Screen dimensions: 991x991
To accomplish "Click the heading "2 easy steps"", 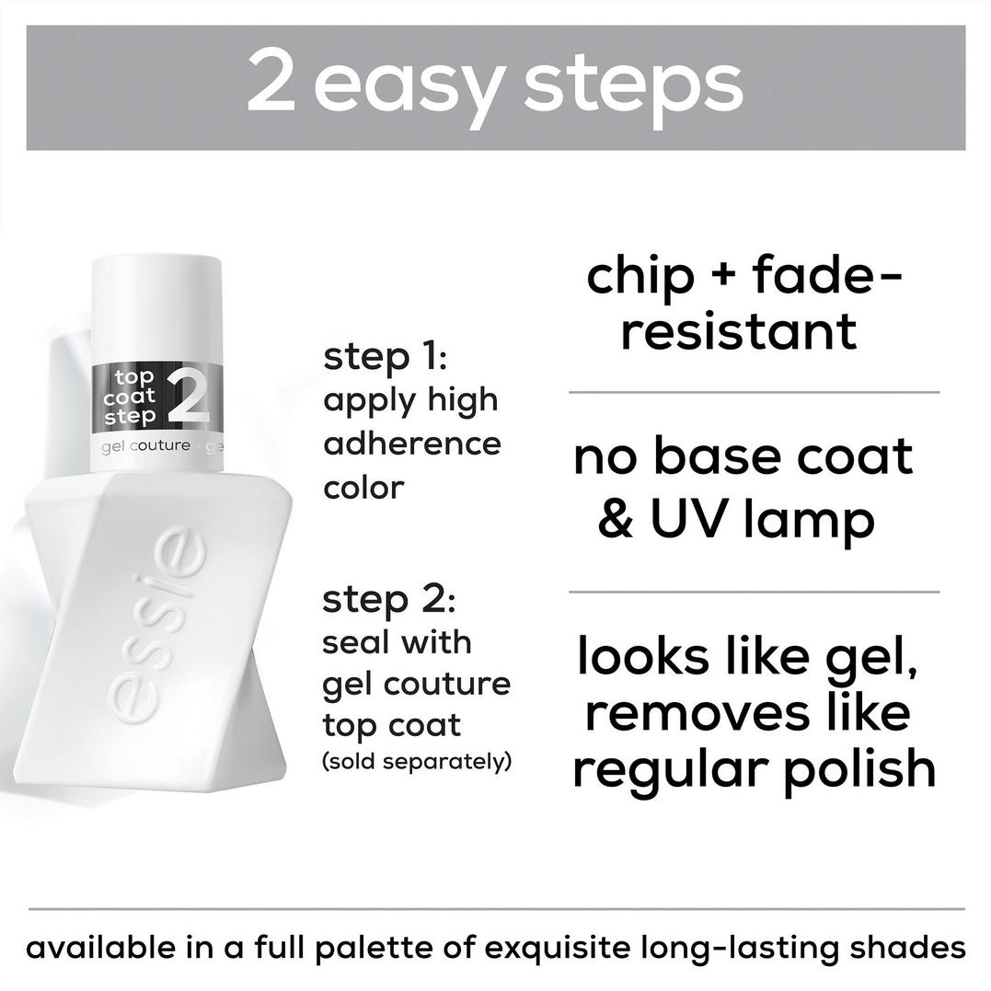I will (494, 86).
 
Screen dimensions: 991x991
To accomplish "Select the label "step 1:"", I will (385, 357).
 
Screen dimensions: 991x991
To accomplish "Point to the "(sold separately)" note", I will (416, 763).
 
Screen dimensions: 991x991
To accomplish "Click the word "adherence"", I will (412, 444).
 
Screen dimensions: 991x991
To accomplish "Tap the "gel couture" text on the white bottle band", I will (147, 446).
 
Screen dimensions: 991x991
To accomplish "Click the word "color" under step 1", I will (363, 488).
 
